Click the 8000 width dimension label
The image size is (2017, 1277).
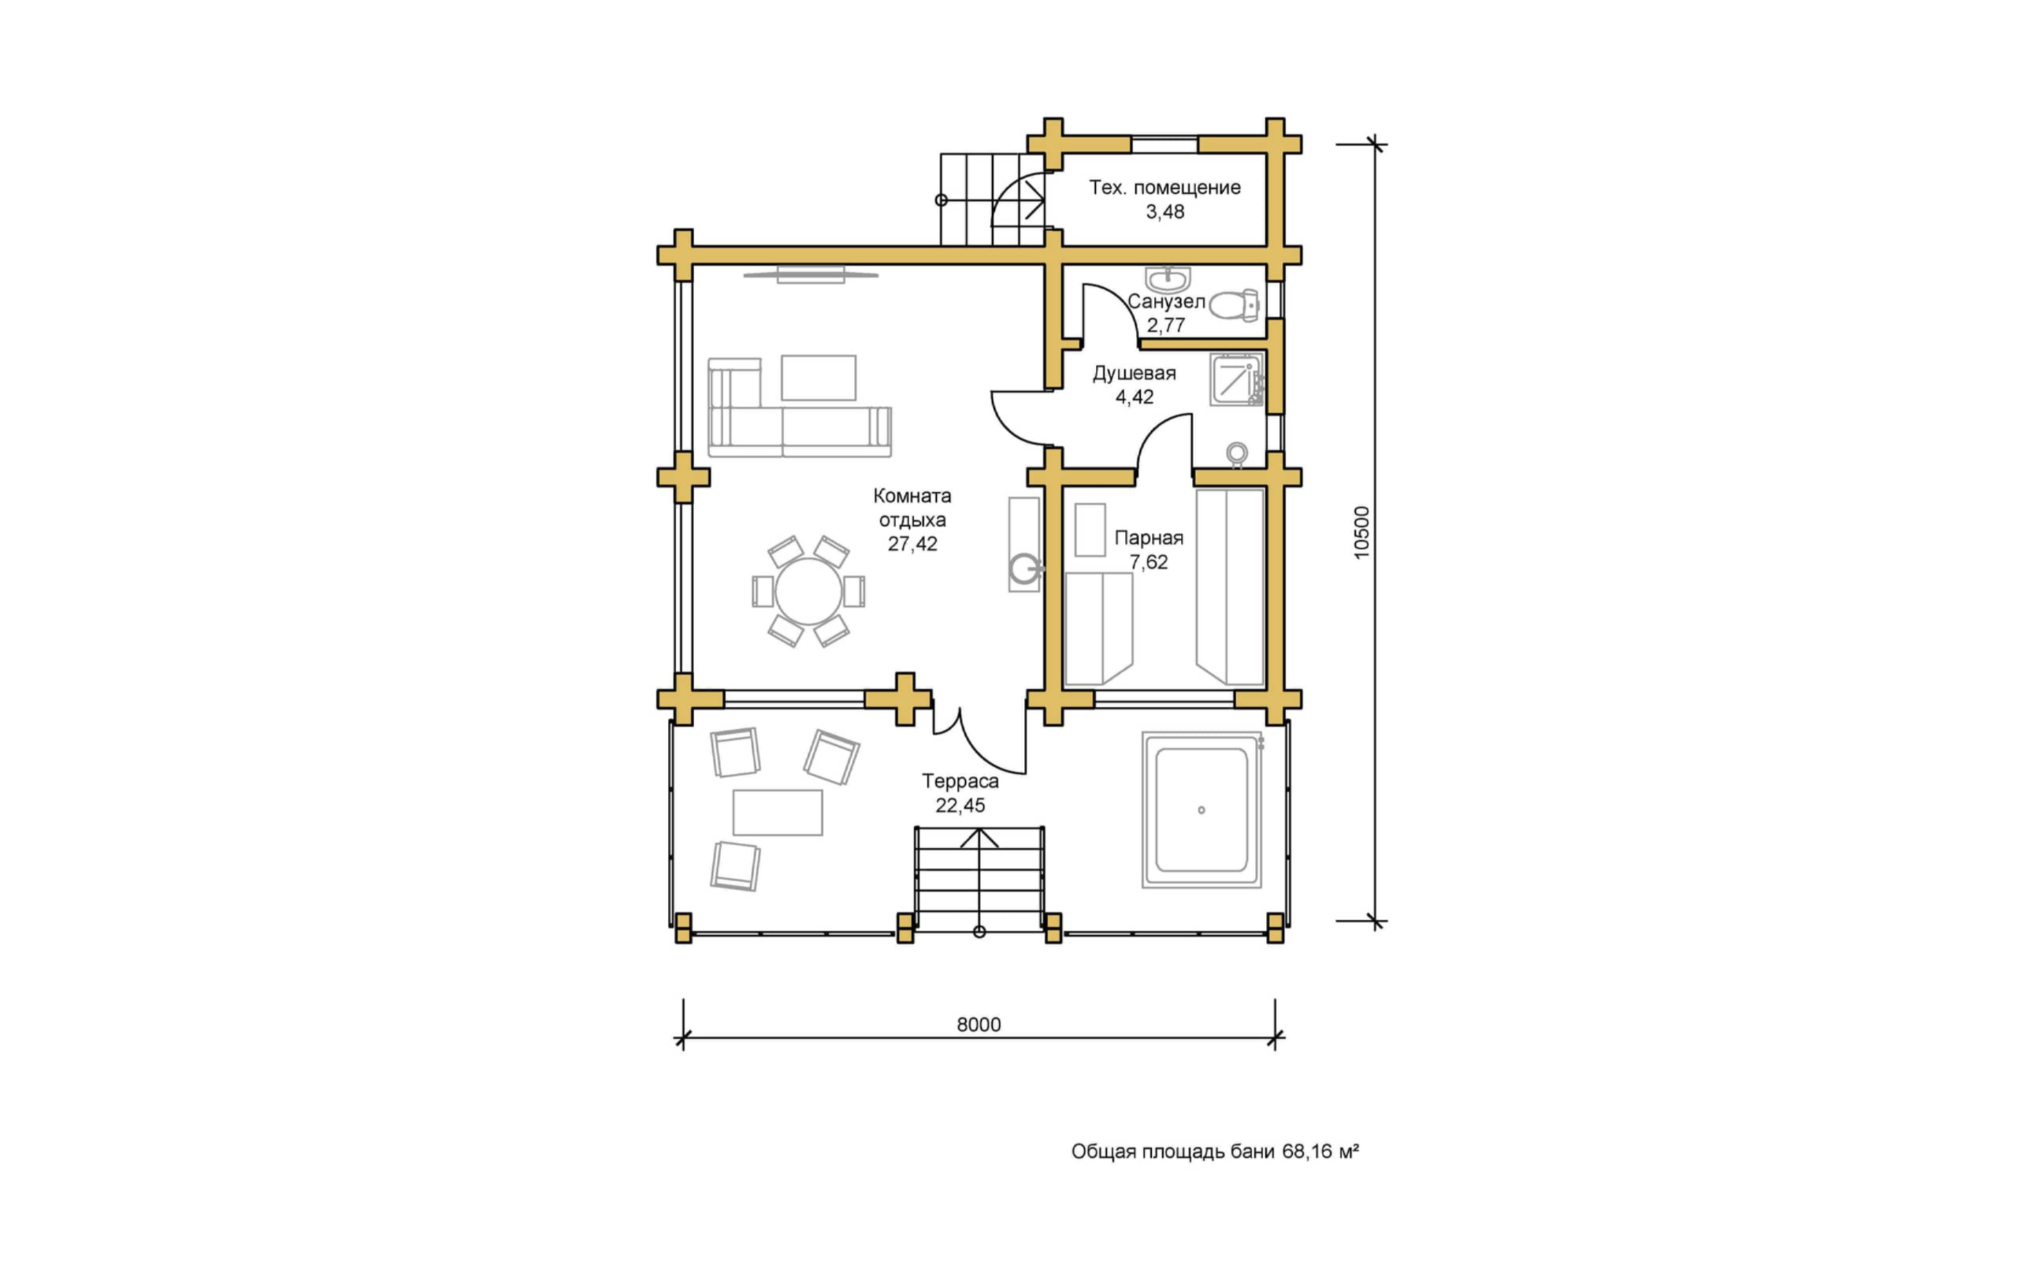pyautogui.click(x=979, y=1024)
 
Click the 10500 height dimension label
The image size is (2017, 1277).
pyautogui.click(x=1361, y=532)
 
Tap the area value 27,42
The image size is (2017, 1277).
pyautogui.click(x=912, y=544)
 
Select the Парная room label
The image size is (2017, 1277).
pyautogui.click(x=1149, y=538)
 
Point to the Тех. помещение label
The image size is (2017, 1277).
pyautogui.click(x=1165, y=188)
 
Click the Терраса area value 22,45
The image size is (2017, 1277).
pyautogui.click(x=960, y=806)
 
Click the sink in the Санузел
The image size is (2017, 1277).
pyautogui.click(x=1167, y=279)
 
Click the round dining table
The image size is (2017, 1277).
pyautogui.click(x=808, y=591)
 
